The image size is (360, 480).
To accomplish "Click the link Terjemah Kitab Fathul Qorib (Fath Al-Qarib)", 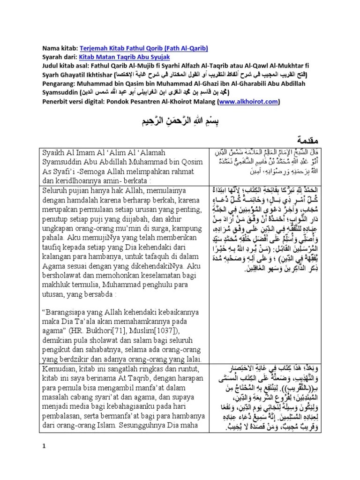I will (x=144, y=48).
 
